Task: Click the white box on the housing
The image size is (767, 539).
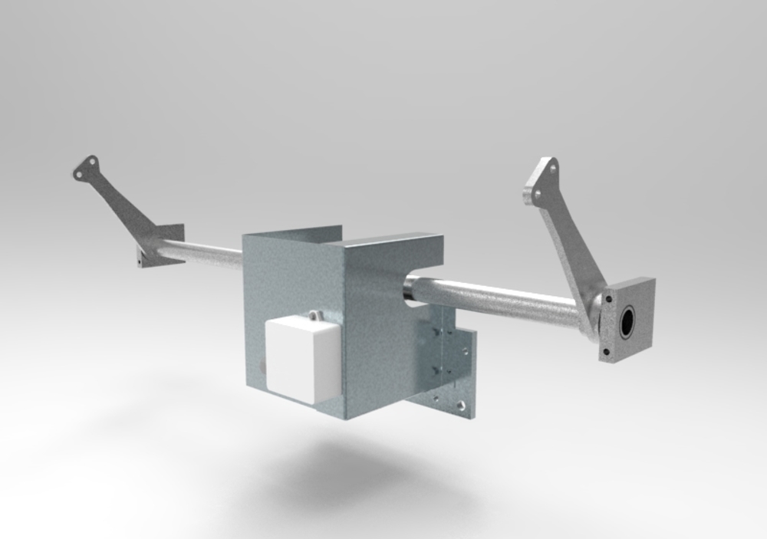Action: [301, 359]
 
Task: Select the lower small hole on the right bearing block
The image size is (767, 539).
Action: [606, 352]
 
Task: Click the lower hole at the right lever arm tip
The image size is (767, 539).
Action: [536, 195]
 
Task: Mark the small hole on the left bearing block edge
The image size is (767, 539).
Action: [140, 260]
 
